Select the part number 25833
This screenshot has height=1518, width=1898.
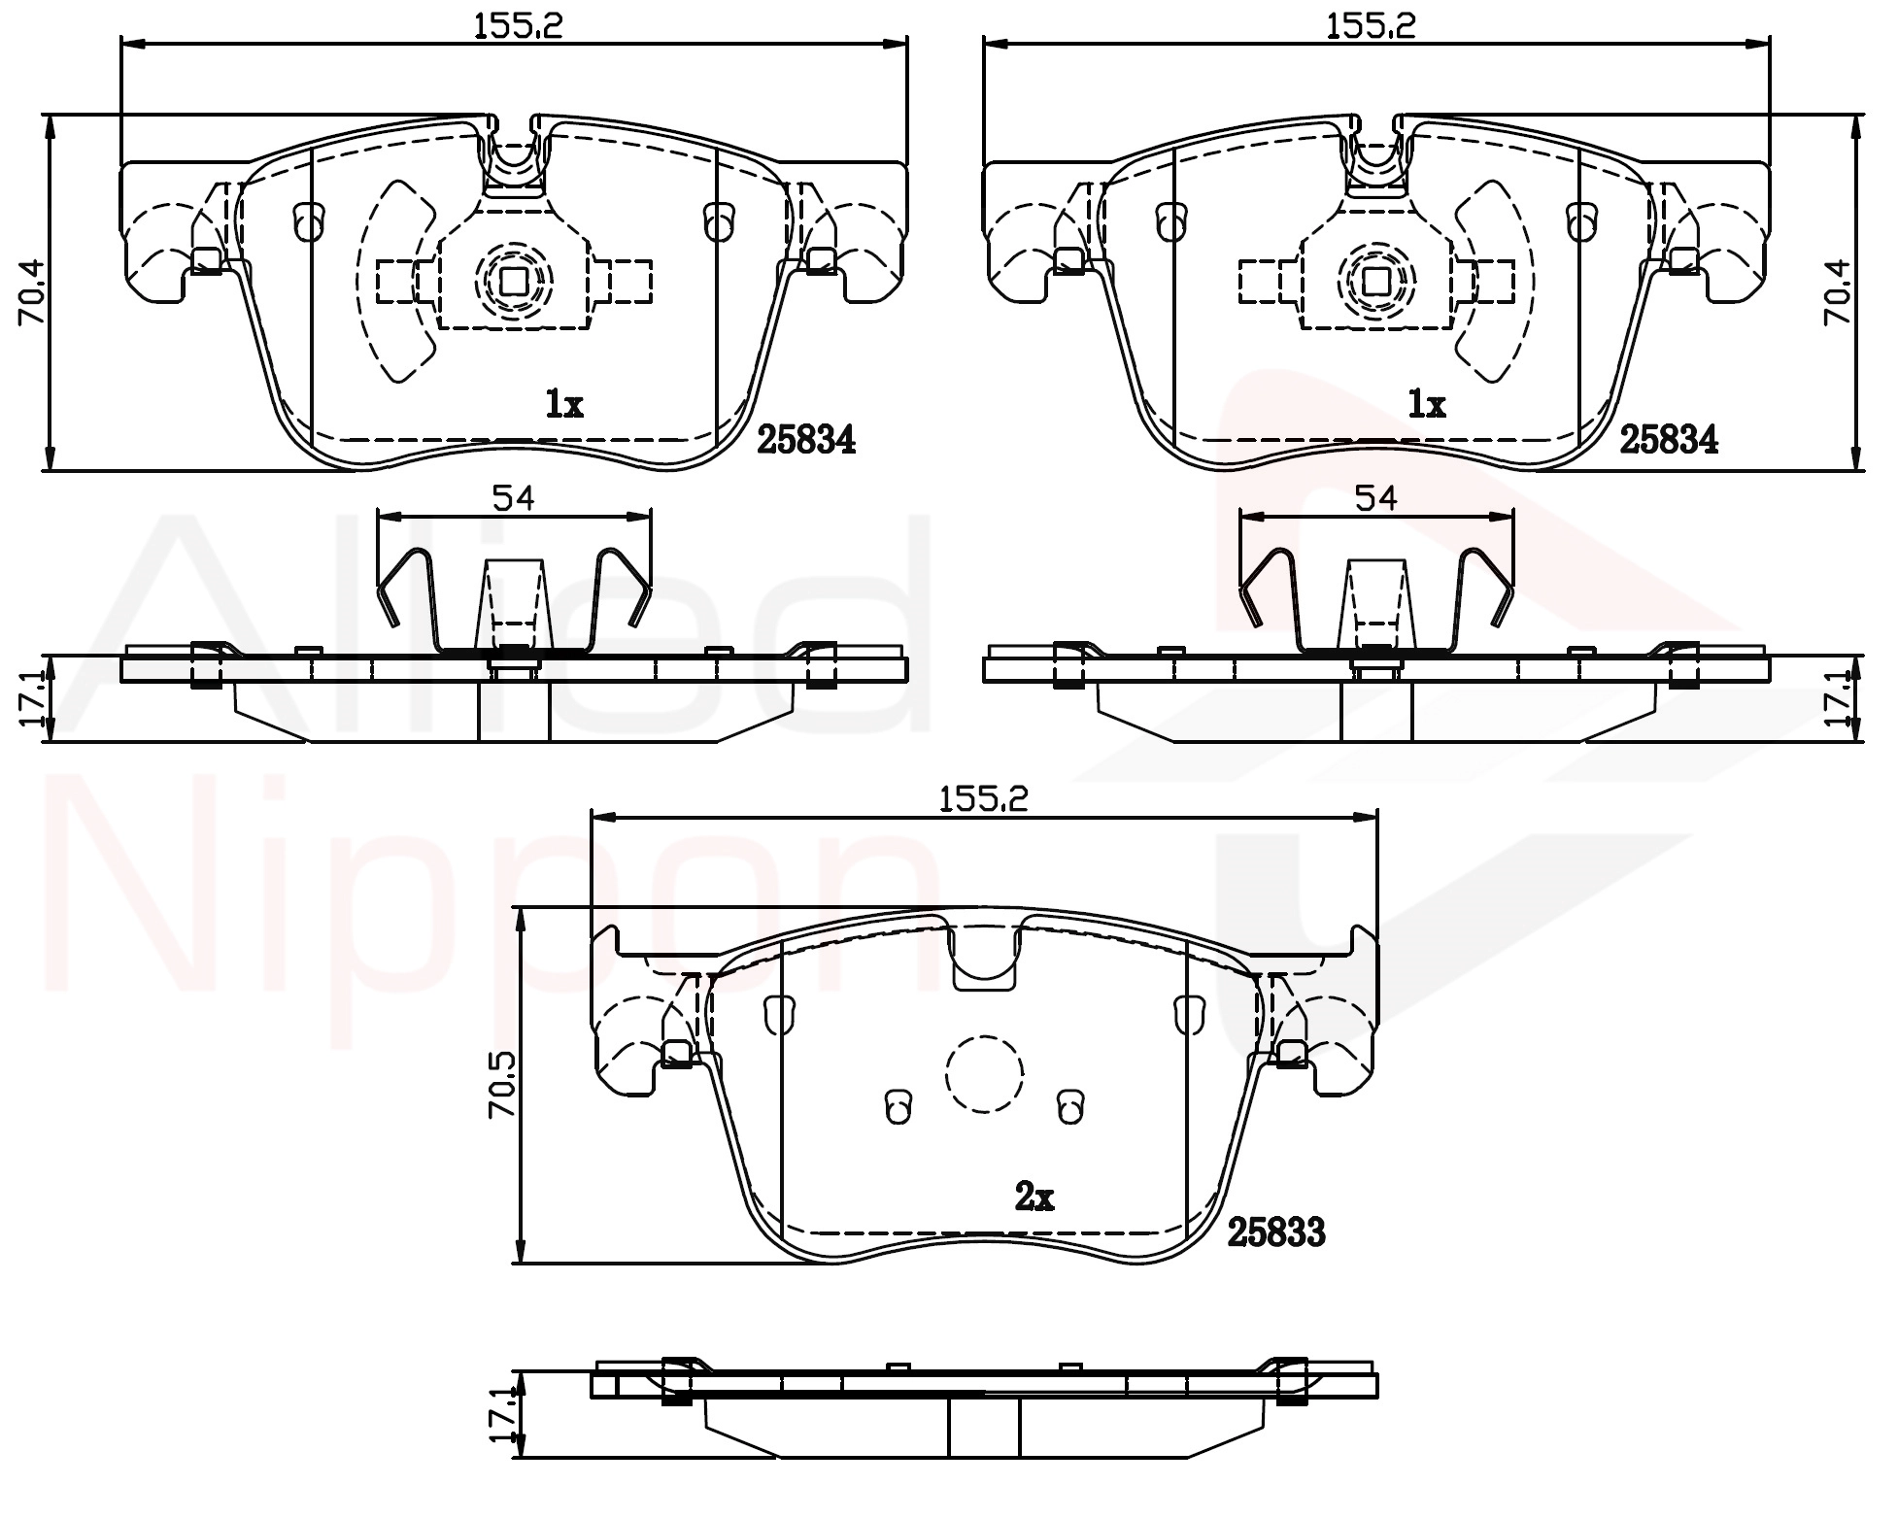[1276, 1232]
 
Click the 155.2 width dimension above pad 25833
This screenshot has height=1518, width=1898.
[983, 798]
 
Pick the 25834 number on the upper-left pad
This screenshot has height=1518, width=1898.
[806, 440]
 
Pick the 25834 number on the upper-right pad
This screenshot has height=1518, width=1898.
[1669, 440]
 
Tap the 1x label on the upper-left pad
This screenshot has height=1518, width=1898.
[563, 403]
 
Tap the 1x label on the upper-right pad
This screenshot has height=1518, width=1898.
[1426, 403]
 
